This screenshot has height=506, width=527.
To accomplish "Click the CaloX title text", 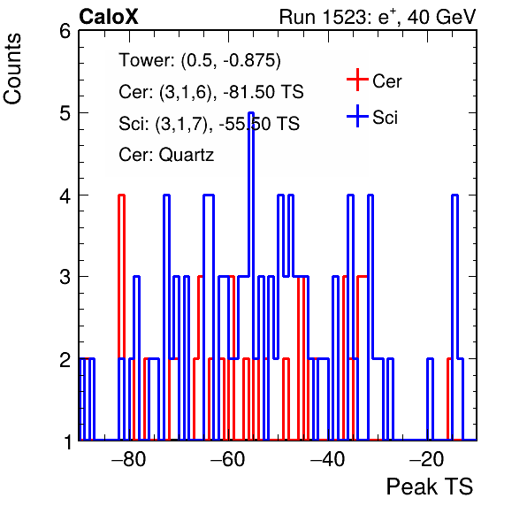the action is click(x=109, y=17).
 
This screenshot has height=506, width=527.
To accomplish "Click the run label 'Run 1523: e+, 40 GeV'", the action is click(x=378, y=17).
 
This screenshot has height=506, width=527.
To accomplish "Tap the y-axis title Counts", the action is click(x=12, y=69).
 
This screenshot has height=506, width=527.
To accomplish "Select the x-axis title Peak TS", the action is click(x=430, y=487).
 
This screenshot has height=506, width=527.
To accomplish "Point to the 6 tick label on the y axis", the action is click(x=65, y=32).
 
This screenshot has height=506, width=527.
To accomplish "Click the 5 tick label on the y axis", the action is click(x=65, y=113).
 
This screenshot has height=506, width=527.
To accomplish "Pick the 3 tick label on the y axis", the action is click(x=65, y=277).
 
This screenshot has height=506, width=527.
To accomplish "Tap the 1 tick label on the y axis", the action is click(x=68, y=441).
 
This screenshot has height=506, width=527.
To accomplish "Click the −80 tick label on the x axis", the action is click(x=129, y=459).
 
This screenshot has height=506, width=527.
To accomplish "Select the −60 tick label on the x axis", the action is click(x=228, y=459).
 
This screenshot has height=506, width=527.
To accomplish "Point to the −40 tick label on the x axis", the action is click(x=328, y=459).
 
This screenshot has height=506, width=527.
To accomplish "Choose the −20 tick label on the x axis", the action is click(x=427, y=459).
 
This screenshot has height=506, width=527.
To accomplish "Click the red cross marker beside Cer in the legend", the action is click(x=357, y=80).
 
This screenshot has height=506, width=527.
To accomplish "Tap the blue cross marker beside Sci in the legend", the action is click(x=357, y=116).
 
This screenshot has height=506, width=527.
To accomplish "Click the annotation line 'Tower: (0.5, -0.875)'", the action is click(x=200, y=60).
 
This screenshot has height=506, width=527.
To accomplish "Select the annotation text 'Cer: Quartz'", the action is click(x=166, y=155).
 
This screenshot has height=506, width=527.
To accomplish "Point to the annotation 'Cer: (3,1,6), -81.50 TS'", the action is click(x=211, y=92).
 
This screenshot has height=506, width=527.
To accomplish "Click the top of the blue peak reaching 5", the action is click(x=251, y=113).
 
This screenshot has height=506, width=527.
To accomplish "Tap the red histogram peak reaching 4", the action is click(x=121, y=195).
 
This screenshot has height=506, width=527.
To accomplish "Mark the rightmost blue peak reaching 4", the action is click(x=454, y=195).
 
